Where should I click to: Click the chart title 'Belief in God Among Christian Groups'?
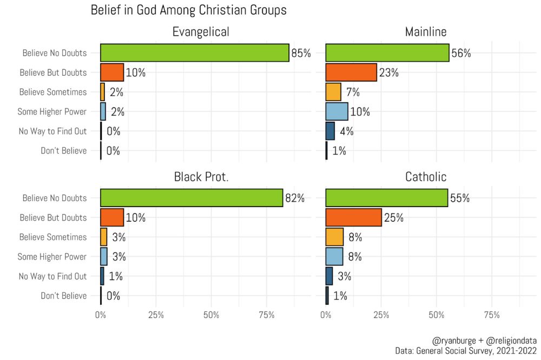(188, 10)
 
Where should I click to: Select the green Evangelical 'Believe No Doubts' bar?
(195, 53)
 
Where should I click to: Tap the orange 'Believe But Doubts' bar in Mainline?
(351, 72)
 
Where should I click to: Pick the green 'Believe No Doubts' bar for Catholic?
(386, 198)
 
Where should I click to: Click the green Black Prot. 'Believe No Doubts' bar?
(192, 198)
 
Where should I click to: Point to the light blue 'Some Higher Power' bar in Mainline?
(337, 111)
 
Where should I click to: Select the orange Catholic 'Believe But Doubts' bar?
(353, 217)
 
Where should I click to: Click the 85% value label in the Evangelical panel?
(301, 54)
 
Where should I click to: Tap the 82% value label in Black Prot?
(295, 198)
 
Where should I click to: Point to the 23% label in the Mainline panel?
(389, 73)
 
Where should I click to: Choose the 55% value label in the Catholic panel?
(460, 198)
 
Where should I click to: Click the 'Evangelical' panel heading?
(201, 32)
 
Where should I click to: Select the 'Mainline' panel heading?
(426, 32)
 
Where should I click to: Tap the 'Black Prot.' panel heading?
(201, 177)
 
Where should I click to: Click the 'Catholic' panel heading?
(426, 177)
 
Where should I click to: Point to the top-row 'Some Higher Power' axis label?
(52, 112)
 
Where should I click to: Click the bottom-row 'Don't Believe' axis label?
(64, 296)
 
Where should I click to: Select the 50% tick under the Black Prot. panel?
(212, 315)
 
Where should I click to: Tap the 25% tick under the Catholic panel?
(381, 315)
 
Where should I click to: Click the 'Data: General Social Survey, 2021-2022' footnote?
(466, 351)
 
